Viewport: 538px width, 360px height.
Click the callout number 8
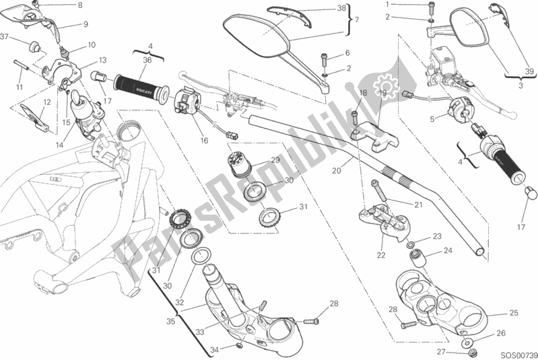click(x=79, y=6)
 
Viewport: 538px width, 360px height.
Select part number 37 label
click(x=5, y=36)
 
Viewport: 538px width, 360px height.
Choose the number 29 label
click(x=275, y=159)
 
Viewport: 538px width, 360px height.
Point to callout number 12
click(x=46, y=103)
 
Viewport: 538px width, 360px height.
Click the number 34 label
click(x=213, y=350)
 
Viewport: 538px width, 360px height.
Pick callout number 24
click(x=446, y=252)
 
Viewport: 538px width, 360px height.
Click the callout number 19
click(x=382, y=93)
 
